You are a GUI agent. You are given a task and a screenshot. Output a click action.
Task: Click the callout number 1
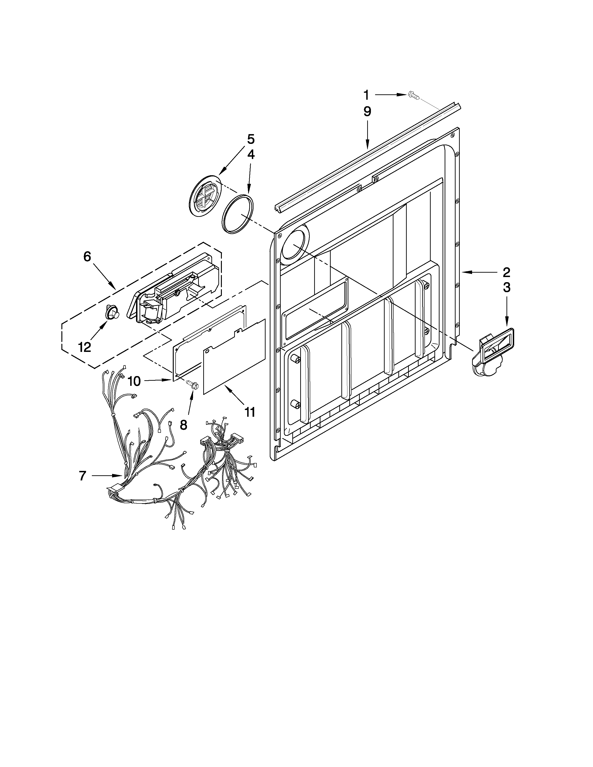tap(366, 95)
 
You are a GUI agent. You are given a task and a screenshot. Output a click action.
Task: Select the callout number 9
tap(367, 112)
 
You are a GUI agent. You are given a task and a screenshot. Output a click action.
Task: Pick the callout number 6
tap(87, 257)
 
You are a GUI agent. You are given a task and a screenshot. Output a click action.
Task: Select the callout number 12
tap(85, 347)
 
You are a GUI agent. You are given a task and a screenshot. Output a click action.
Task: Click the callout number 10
tap(134, 381)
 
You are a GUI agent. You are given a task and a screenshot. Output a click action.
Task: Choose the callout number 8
tap(183, 425)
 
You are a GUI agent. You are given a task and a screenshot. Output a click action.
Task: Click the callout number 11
tap(250, 412)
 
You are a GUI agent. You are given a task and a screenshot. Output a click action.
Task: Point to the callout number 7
tap(82, 476)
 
